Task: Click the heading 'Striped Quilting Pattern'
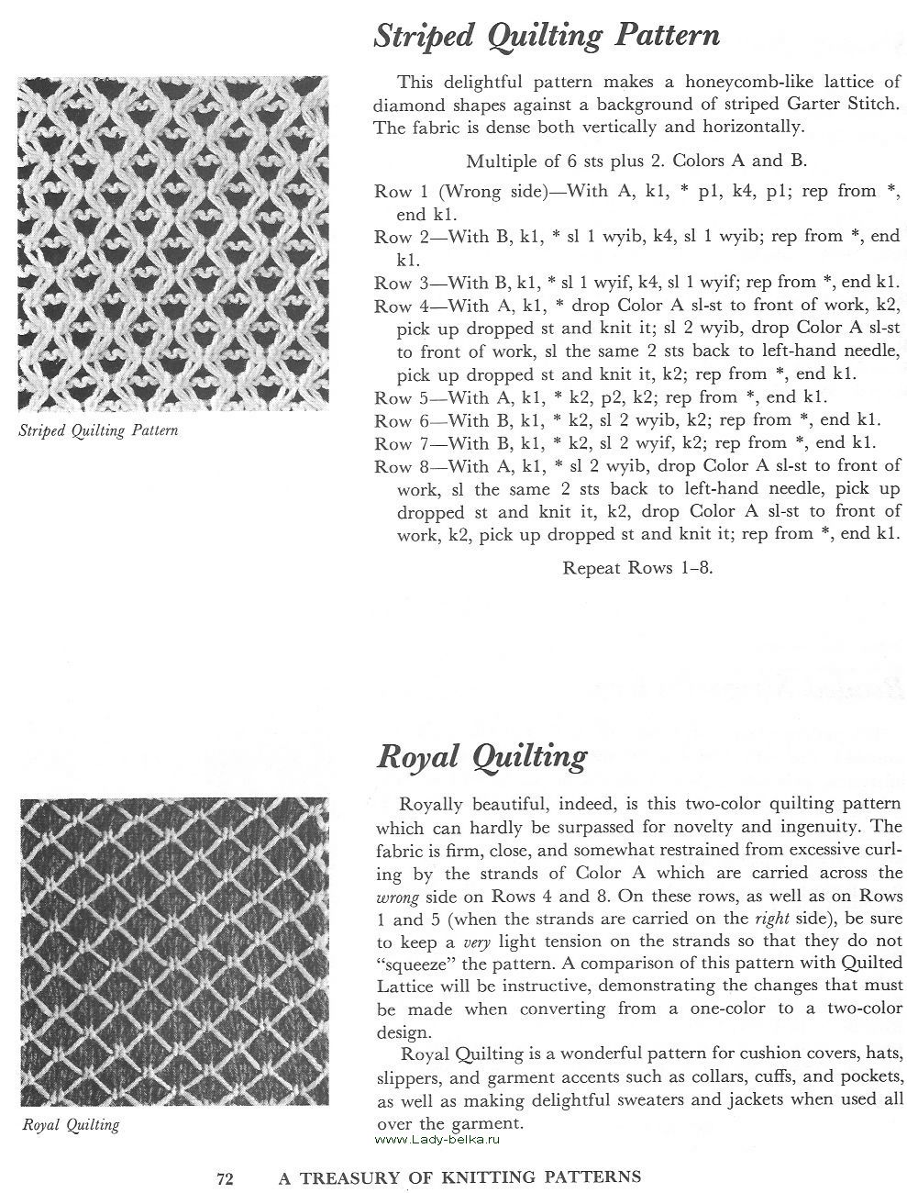(547, 37)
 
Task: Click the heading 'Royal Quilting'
(481, 757)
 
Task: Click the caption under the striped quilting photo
(99, 430)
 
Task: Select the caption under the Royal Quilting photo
(71, 1124)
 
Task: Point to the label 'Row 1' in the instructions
(393, 191)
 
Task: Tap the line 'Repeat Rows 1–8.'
(637, 567)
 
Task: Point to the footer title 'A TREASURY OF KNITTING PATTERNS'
(459, 1176)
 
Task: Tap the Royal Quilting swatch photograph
(172, 952)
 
